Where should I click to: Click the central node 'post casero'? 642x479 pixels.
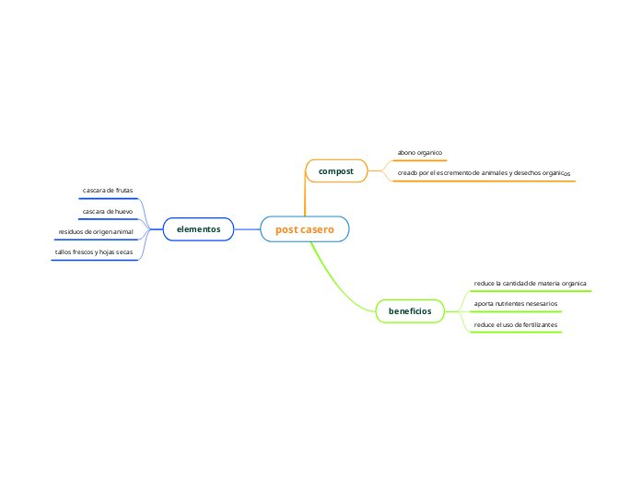point(305,228)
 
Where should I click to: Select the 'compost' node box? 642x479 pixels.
point(335,171)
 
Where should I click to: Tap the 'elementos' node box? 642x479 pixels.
point(198,228)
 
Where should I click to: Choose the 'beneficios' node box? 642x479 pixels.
point(410,311)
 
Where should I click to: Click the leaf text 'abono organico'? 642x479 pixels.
point(420,152)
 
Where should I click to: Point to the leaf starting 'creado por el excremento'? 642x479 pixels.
point(484,172)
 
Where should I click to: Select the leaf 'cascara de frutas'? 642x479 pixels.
point(108,191)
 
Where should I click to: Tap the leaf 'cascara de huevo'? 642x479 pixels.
point(108,211)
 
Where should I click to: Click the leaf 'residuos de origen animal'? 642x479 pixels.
point(96,231)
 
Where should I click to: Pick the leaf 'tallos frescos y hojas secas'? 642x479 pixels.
point(94,251)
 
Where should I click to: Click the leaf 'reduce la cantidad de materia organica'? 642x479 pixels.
point(530,284)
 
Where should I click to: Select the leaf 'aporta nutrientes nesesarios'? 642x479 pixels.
point(515,303)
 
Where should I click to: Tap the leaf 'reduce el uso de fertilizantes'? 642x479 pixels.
point(515,325)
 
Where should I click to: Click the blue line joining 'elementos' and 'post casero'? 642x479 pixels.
point(247,228)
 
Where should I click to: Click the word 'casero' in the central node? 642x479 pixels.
point(318,228)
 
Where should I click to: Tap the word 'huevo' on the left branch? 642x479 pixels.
point(123,211)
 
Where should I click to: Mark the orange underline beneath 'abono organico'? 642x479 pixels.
point(420,160)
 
